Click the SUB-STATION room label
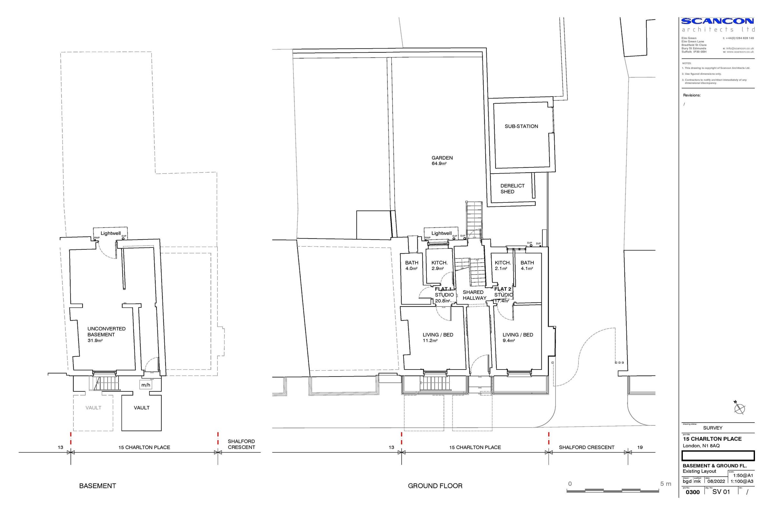coord(521,126)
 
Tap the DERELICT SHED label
coord(512,189)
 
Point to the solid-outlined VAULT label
coord(142,407)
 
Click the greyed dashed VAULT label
coord(93,407)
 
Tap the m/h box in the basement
coord(146,385)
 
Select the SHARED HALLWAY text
coord(473,295)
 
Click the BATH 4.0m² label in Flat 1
coord(412,265)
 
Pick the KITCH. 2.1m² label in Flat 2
coord(502,265)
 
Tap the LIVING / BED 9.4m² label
coord(518,337)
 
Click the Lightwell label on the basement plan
coord(110,233)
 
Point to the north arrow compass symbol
coord(739,408)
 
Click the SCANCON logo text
coord(718,21)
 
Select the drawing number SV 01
coord(721,492)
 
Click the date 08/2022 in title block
coord(716,481)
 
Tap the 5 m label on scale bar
coord(665,484)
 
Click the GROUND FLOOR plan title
coord(435,486)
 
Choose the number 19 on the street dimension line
coord(640,447)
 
